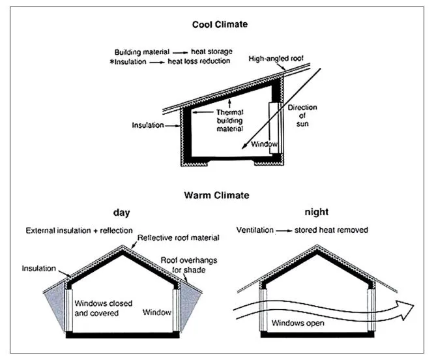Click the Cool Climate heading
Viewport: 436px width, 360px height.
coord(220,25)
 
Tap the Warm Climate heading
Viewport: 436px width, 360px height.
coord(216,195)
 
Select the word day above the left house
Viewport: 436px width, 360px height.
coord(121,213)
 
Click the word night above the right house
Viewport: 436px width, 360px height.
coord(317,212)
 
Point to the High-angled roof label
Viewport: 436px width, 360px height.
coord(276,59)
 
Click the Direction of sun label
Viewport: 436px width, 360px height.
coord(302,115)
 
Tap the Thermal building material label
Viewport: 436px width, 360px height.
coord(230,121)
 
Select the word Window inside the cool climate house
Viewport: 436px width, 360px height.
coord(264,144)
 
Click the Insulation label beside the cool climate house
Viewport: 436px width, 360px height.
coord(148,125)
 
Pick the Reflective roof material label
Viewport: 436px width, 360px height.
coord(178,238)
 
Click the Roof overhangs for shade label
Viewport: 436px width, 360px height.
coord(189,265)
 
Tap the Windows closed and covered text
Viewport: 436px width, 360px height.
coord(103,308)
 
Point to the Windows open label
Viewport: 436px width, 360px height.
coord(298,323)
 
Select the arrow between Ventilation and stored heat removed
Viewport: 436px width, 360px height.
coord(284,231)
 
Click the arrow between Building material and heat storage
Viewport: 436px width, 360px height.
coord(181,52)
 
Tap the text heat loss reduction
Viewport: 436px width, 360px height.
coord(199,61)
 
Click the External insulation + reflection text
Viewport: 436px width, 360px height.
coord(80,230)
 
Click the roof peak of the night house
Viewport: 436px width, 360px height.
coord(317,245)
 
